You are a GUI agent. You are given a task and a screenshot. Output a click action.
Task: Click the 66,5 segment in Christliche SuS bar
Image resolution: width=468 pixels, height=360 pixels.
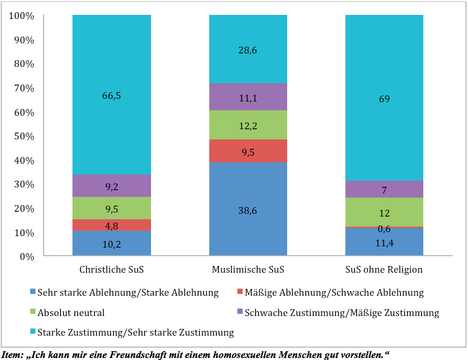coord(112,95)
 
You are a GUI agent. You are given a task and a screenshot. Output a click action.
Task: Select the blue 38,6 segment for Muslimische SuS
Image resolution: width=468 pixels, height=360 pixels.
coord(248,209)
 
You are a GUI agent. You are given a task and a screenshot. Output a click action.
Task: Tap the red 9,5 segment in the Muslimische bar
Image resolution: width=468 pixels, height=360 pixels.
coord(248,151)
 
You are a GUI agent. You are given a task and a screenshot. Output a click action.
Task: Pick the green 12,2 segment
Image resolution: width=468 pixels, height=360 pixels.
coord(248,125)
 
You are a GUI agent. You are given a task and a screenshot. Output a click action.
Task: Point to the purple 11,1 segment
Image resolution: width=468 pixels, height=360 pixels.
coord(248,97)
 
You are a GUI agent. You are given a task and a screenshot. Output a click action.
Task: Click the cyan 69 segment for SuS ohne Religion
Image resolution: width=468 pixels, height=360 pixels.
coord(385,98)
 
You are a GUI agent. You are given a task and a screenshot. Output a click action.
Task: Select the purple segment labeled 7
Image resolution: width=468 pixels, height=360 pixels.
coord(385,189)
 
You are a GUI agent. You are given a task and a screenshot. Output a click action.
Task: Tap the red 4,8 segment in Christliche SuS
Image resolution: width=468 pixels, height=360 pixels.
coord(112,225)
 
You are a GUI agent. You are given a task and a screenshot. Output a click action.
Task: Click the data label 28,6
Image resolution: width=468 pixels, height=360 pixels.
coord(247,50)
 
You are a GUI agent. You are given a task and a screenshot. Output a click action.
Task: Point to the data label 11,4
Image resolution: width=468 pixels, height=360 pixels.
coord(385,244)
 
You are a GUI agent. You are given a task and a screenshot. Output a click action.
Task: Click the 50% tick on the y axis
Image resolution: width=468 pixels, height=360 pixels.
coord(24,136)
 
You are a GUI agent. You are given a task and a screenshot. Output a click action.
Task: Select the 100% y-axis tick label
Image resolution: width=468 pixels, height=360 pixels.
coord(22,16)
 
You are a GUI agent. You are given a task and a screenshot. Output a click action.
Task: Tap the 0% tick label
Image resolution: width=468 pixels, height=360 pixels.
coord(27,256)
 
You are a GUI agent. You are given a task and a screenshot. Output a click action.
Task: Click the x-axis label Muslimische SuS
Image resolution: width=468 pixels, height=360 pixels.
coord(248,269)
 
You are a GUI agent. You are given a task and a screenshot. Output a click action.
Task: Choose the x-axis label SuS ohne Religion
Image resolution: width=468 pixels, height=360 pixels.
coord(384,269)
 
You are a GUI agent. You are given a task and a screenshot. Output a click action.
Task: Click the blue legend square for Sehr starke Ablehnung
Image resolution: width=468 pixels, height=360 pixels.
coord(33,292)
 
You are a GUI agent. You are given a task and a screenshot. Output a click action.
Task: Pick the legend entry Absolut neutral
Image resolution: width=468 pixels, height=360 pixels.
coord(67,313)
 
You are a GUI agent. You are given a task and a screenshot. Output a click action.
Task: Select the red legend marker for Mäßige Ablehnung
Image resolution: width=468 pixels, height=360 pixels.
coord(240,292)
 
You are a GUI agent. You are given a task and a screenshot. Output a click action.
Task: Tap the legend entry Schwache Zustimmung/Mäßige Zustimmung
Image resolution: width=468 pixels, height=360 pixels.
coord(338,313)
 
